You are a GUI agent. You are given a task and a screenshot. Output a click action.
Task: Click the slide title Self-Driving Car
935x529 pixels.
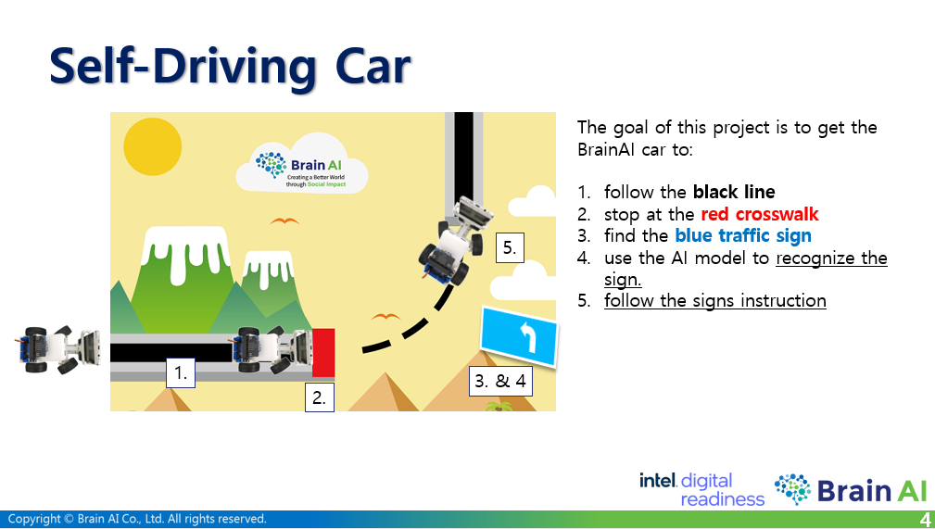(x=230, y=67)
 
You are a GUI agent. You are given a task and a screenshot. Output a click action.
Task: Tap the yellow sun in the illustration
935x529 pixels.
(x=151, y=147)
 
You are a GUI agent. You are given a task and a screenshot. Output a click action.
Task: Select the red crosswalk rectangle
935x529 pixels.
(x=323, y=352)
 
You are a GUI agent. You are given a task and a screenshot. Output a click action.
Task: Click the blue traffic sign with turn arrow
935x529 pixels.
(x=519, y=338)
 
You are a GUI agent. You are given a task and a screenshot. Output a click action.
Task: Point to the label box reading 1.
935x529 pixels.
(x=182, y=373)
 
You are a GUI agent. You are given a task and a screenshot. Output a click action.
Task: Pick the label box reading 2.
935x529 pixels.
(x=320, y=398)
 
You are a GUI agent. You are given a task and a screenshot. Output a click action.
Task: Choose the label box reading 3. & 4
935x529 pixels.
(x=499, y=381)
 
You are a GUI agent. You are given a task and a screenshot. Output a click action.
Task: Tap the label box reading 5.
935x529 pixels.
(x=510, y=248)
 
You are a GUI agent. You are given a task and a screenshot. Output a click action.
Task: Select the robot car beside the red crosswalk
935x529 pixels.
(x=272, y=349)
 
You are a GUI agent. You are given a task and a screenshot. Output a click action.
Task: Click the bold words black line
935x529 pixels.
(x=734, y=193)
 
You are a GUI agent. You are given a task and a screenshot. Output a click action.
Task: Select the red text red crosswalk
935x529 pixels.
(x=760, y=214)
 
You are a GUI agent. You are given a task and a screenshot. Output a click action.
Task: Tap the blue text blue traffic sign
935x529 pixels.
(x=743, y=236)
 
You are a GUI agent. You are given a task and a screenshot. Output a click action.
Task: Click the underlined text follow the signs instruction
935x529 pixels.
(x=714, y=300)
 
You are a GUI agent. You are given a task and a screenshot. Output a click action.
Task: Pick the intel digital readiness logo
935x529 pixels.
(x=701, y=489)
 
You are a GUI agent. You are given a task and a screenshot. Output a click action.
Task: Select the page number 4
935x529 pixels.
(x=925, y=519)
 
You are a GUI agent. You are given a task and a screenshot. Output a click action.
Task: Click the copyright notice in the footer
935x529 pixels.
(x=137, y=519)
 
